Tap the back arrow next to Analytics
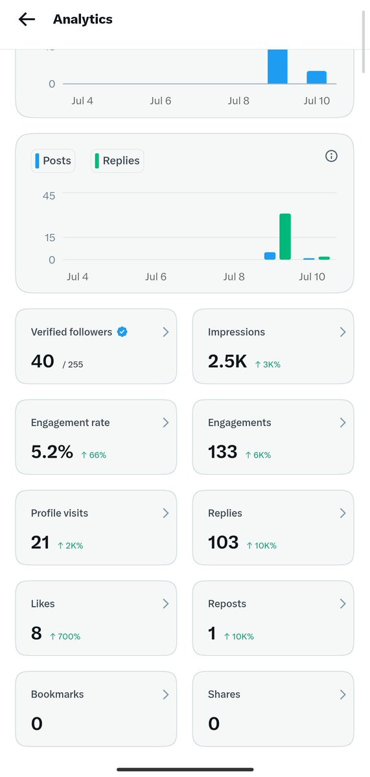(x=27, y=19)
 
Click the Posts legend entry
(x=53, y=161)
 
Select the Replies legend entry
(x=117, y=161)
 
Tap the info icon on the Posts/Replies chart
(x=331, y=156)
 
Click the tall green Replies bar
(x=285, y=236)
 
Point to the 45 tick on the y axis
(x=49, y=196)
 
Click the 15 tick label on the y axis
(x=50, y=238)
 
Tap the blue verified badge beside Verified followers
(x=122, y=332)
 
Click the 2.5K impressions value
(x=227, y=361)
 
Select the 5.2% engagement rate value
(x=52, y=452)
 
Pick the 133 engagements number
(x=222, y=452)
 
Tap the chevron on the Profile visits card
(x=166, y=513)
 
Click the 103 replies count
(x=223, y=542)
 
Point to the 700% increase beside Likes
(x=65, y=636)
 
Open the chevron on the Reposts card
(x=343, y=603)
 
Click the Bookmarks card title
(x=57, y=694)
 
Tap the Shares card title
(x=224, y=694)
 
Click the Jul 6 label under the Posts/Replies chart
(x=156, y=276)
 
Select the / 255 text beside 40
(x=73, y=364)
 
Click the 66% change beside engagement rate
(x=94, y=455)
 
